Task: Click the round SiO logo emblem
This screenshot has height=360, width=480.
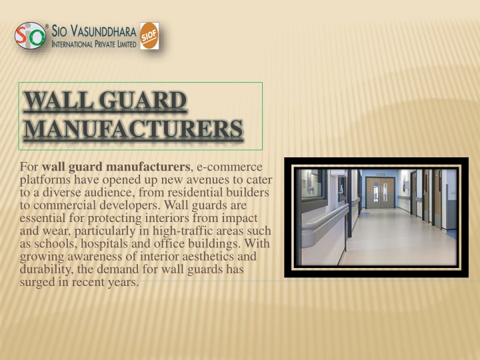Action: click(x=30, y=35)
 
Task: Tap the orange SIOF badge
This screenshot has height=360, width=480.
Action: click(x=149, y=36)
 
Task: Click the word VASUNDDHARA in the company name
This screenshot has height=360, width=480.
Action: click(x=103, y=31)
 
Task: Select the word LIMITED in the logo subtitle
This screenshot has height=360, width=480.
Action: click(x=127, y=45)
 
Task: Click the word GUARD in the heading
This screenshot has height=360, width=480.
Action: click(x=143, y=100)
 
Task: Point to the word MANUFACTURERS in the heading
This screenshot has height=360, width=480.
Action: click(x=133, y=129)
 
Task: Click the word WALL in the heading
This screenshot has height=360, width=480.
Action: click(x=59, y=100)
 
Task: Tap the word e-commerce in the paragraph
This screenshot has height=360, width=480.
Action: click(x=229, y=167)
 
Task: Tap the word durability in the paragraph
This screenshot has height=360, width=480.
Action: click(x=47, y=269)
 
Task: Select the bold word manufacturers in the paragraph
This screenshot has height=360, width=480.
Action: click(x=148, y=167)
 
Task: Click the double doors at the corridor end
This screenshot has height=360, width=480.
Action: click(x=380, y=193)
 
